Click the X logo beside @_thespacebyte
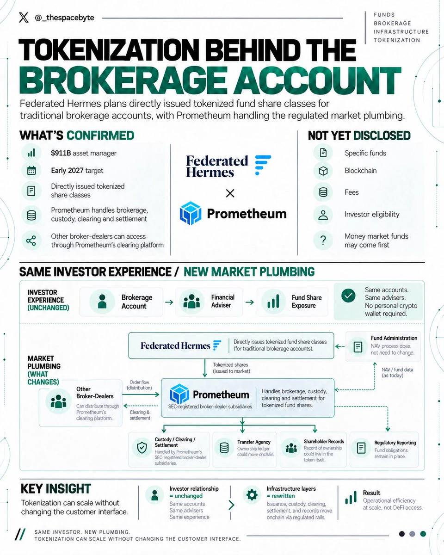(x=24, y=18)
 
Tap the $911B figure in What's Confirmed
(x=61, y=153)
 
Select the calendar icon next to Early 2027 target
(x=31, y=171)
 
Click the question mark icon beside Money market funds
(x=323, y=240)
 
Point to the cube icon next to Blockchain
(x=323, y=171)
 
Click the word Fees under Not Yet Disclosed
(x=351, y=192)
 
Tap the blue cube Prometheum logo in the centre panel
(x=191, y=213)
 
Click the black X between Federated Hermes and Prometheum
(x=230, y=193)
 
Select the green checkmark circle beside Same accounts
(x=348, y=296)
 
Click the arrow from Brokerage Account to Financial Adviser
(x=169, y=302)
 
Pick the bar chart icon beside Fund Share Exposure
(x=273, y=301)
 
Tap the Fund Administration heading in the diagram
(x=394, y=338)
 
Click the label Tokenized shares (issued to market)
(x=231, y=368)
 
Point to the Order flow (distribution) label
(x=139, y=385)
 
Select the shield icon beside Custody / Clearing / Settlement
(x=142, y=448)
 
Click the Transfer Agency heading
(x=254, y=442)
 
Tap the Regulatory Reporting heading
(x=395, y=443)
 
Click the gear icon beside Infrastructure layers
(x=252, y=495)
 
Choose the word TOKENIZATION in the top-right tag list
(x=397, y=40)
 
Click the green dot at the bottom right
(x=423, y=534)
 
